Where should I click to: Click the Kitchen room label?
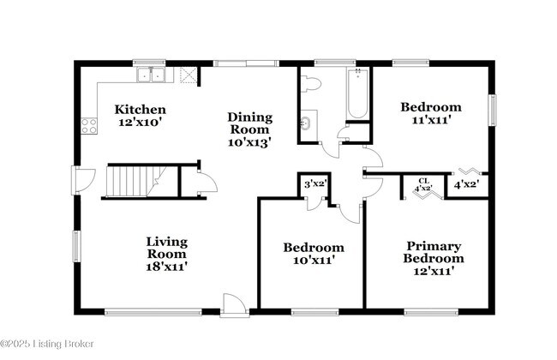[141, 110]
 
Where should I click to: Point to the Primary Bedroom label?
[434, 252]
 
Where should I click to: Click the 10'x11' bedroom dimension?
[314, 260]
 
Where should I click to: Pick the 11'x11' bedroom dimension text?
[431, 120]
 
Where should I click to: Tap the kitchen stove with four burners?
[89, 126]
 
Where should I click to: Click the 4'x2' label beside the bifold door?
[466, 183]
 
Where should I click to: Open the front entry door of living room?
[234, 304]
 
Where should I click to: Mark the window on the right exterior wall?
[493, 109]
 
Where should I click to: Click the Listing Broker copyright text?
[47, 344]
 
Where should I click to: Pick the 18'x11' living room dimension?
[166, 267]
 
